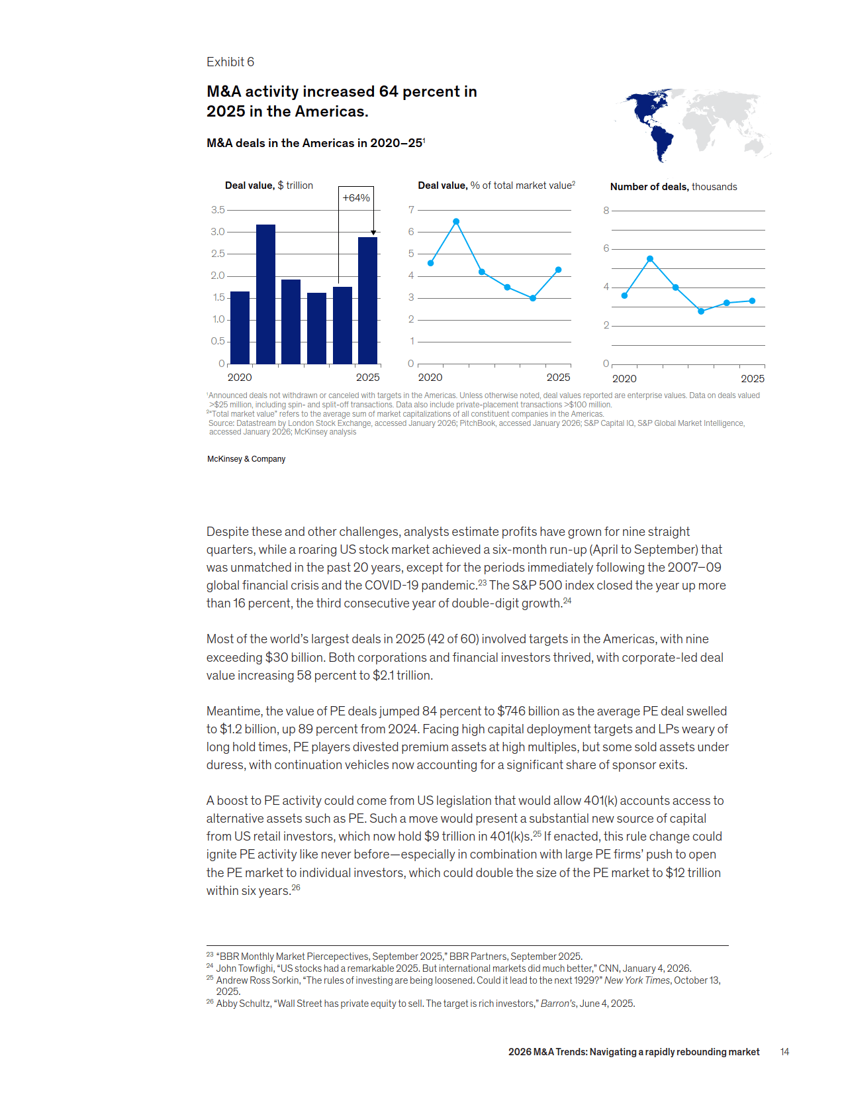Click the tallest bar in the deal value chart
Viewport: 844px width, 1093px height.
pos(265,294)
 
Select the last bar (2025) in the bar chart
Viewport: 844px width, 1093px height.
pos(367,301)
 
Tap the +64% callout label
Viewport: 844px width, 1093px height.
pos(356,198)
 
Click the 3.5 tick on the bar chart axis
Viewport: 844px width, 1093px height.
pos(218,210)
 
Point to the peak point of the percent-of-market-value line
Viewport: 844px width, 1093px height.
pos(456,222)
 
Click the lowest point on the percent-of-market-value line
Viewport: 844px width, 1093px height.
pos(533,298)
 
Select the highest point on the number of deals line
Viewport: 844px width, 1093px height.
pos(650,259)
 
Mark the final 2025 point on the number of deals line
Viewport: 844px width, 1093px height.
pos(752,301)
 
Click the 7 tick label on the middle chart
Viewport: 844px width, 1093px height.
pos(411,210)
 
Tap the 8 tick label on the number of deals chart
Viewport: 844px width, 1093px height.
pos(606,211)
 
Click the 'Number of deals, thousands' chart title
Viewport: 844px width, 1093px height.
pos(673,187)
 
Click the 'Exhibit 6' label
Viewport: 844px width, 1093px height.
pos(230,62)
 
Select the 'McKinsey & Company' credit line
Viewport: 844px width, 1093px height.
pos(246,459)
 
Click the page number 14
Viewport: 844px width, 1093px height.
pos(784,1052)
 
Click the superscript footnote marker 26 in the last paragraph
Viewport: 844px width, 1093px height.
pos(296,888)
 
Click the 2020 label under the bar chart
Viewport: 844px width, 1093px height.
pos(240,378)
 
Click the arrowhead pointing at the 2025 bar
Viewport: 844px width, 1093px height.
pos(373,233)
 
